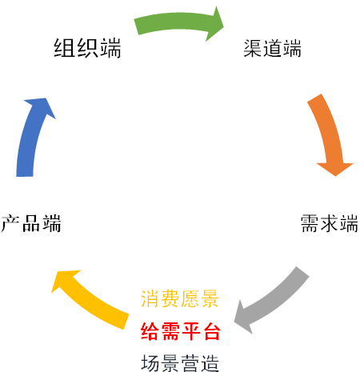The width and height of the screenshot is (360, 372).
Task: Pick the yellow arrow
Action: pos(90,302)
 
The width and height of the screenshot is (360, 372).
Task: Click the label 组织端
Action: pos(87,48)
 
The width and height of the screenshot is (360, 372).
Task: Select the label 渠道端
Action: pos(272,48)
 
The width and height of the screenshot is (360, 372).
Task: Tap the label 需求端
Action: pos(330,223)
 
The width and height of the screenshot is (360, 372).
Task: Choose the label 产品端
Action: pos(31,223)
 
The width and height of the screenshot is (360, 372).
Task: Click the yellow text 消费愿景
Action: pos(180,298)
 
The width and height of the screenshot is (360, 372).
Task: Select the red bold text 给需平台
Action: pos(181,331)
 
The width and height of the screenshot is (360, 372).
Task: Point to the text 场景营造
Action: pos(180,363)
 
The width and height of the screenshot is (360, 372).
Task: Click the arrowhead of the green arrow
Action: pos(214,24)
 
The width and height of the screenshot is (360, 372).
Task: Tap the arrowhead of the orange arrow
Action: pos(335,169)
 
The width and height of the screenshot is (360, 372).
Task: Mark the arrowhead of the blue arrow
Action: pos(41,106)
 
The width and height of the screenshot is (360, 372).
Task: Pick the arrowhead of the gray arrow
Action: pos(242,318)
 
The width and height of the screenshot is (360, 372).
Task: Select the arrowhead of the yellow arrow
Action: pos(64,280)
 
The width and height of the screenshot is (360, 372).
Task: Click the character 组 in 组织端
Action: pos(64,48)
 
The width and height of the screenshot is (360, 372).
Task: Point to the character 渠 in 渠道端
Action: pos(253,48)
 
